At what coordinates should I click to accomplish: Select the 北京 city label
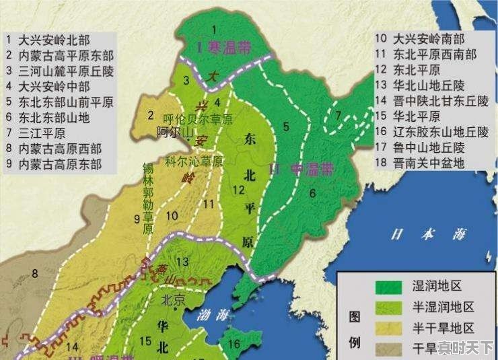point(172,301)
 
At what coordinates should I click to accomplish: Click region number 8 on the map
point(34,274)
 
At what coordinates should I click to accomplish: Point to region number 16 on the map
point(234,344)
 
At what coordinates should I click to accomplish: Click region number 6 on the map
point(312,193)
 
